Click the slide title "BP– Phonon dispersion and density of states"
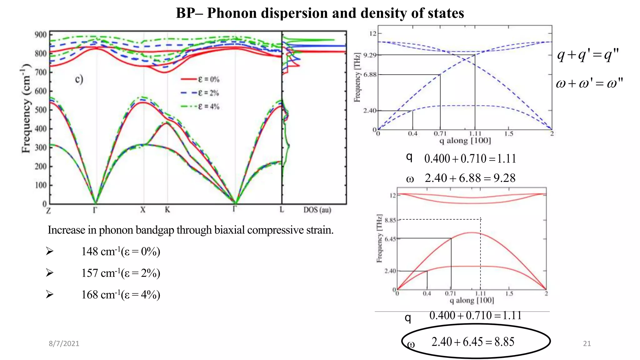point(320,13)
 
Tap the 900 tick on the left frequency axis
point(41,35)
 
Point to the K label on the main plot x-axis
point(167,210)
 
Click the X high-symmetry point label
point(143,210)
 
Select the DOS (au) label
point(317,210)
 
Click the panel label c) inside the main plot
point(79,79)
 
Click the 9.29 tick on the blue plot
point(370,55)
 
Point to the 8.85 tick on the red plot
point(390,220)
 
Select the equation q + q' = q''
point(588,55)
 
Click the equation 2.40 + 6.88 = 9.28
point(470,178)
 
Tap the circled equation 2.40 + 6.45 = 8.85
point(472,342)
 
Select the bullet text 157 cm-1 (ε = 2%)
point(121,273)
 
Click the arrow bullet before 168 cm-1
point(50,294)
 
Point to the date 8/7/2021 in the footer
point(64,343)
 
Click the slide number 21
point(587,343)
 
